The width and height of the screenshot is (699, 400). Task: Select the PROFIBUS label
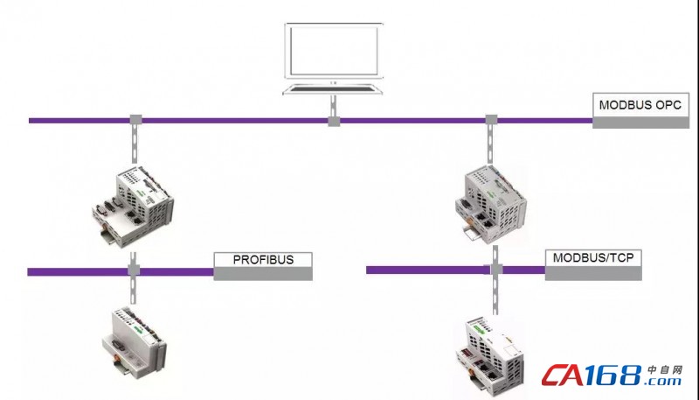[263, 259]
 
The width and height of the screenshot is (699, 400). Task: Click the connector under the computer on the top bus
[334, 120]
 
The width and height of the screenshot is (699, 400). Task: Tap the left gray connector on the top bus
[135, 120]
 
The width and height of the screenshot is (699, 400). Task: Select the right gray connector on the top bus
[491, 119]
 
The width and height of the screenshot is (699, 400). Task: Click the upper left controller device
[132, 206]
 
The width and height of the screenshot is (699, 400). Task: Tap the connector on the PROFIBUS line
[134, 271]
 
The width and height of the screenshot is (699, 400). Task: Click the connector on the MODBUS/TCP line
[494, 270]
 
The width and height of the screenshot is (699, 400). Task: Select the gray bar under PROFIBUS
[263, 274]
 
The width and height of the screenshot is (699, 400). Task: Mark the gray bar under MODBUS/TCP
[593, 273]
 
